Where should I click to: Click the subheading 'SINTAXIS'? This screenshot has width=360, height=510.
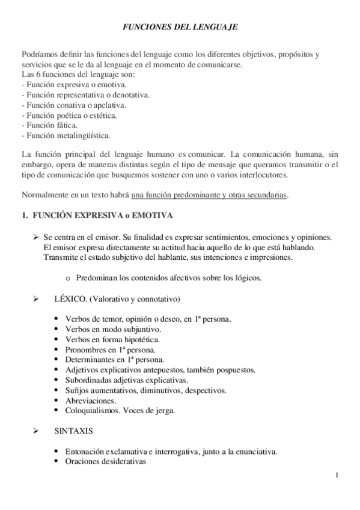(x=70, y=432)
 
